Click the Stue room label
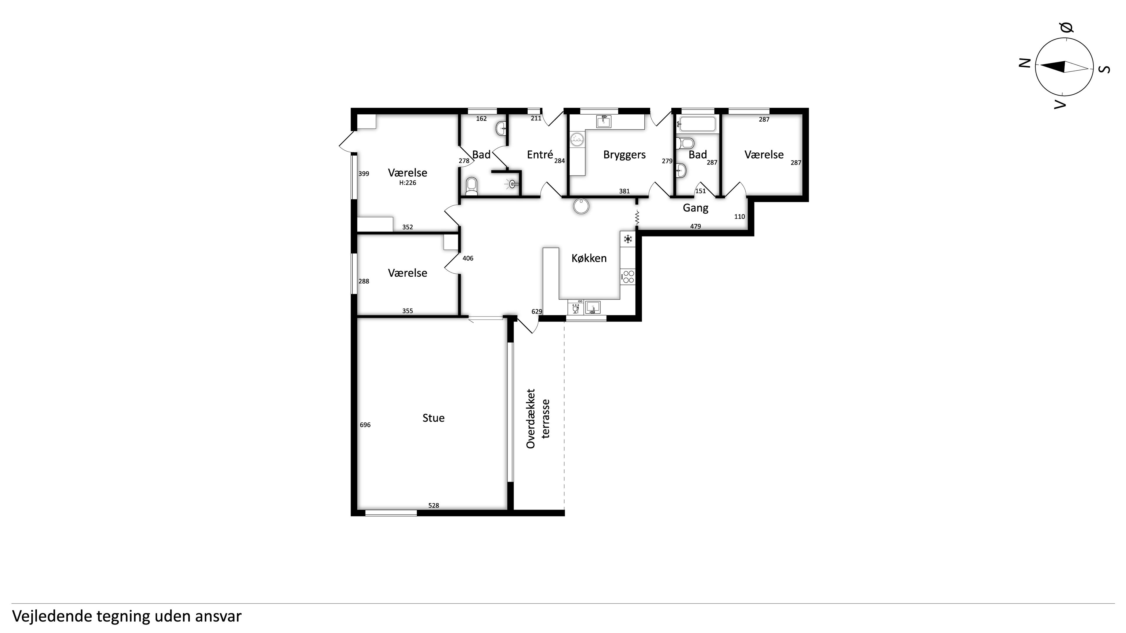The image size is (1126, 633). [x=433, y=418]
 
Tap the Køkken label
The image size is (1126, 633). [x=589, y=258]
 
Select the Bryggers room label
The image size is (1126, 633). [x=624, y=155]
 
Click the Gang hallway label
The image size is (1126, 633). [x=695, y=208]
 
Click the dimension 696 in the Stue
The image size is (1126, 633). [x=365, y=425]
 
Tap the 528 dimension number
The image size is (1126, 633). [x=433, y=506]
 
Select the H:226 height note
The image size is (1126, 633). [x=407, y=183]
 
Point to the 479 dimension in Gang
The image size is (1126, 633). [x=695, y=226]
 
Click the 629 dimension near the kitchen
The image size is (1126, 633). [x=537, y=312]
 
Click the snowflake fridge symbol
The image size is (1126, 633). [x=628, y=239]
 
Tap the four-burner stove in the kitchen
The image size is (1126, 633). [x=628, y=277]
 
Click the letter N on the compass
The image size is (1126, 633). [x=1025, y=63]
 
